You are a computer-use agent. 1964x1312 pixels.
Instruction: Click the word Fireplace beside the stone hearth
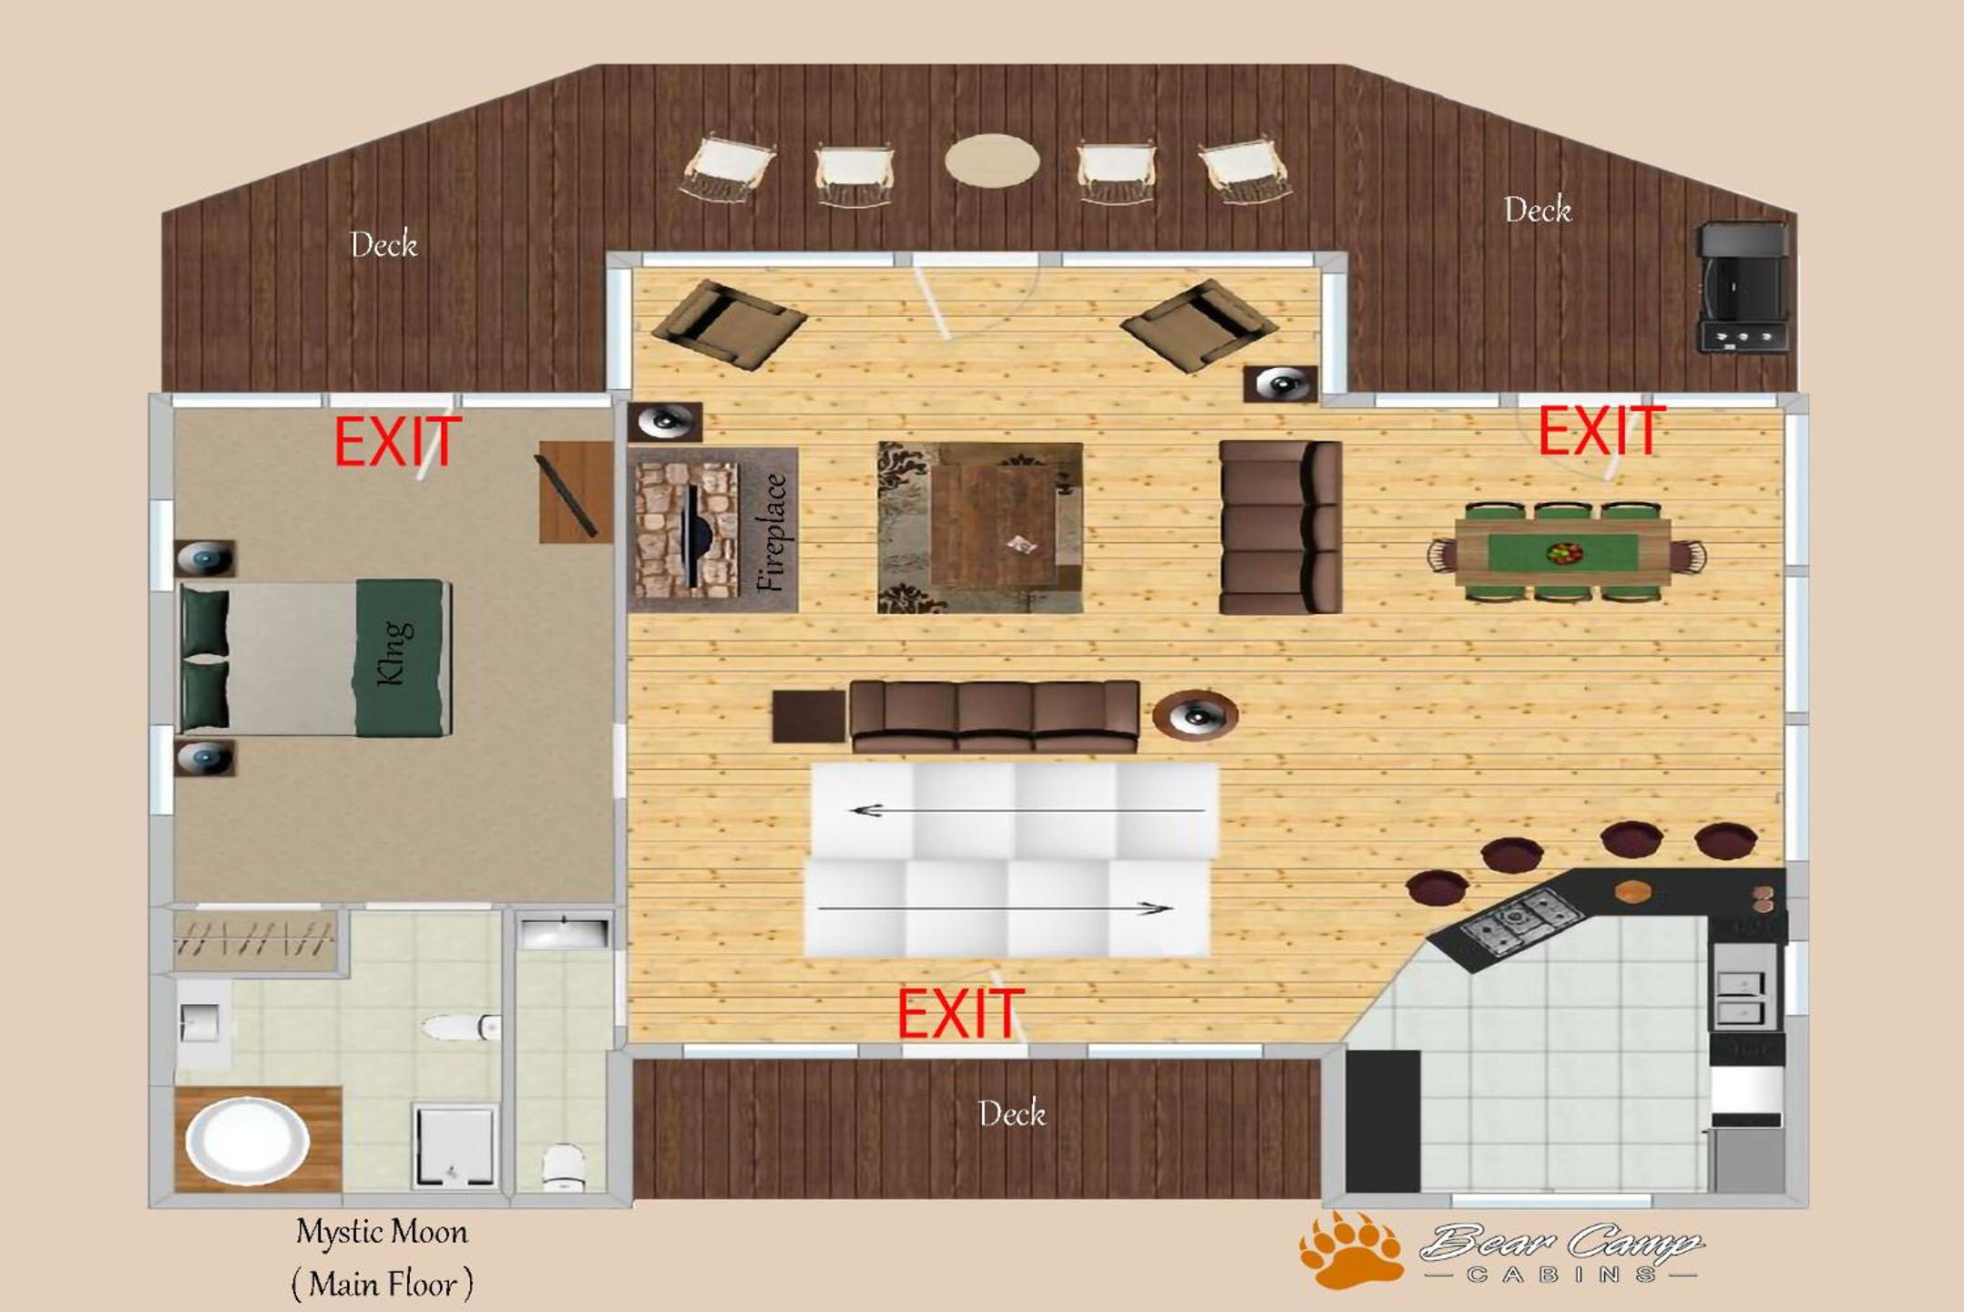pos(772,532)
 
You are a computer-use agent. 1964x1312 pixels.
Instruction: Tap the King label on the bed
pos(394,651)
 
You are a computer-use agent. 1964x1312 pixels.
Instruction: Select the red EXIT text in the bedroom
pos(398,442)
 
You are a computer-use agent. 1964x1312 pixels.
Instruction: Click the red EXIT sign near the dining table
pos(1601,430)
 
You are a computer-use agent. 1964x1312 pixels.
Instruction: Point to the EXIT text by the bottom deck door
pos(961,1013)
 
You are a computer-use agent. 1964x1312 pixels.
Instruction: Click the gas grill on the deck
pos(1743,287)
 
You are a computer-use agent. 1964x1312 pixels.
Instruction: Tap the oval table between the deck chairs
pos(992,160)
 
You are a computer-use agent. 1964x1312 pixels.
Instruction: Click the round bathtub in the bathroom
pos(247,1141)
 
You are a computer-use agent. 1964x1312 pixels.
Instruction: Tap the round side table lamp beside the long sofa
pos(1195,714)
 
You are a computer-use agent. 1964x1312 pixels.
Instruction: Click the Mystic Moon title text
pos(382,1232)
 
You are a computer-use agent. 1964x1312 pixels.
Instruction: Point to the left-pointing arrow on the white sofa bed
pos(1027,810)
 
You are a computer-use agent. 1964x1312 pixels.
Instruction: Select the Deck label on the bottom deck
pos(1011,1112)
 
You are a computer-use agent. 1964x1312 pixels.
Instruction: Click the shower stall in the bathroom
pos(454,1146)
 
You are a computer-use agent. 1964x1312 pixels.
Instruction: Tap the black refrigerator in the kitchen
pos(1383,1121)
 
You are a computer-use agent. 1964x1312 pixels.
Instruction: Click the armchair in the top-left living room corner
pos(729,324)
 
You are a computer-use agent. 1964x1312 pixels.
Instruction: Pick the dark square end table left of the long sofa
pos(809,716)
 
